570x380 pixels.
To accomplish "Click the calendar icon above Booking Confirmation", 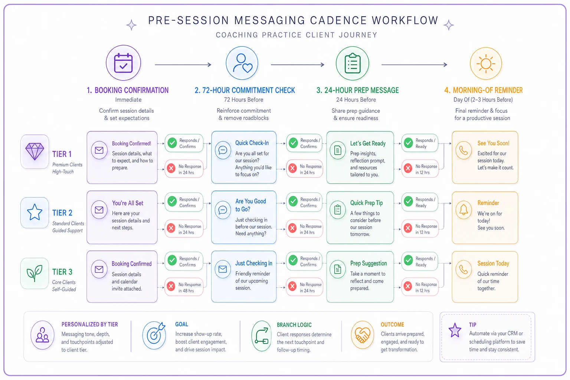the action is pyautogui.click(x=124, y=63).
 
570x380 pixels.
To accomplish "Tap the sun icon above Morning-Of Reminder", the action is pyautogui.click(x=486, y=63).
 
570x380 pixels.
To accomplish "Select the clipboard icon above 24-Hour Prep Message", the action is pyautogui.click(x=353, y=63).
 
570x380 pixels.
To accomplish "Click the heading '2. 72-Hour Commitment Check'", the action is pyautogui.click(x=245, y=90).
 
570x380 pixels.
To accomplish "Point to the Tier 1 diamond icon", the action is pyautogui.click(x=35, y=151).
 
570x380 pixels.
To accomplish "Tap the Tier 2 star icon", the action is pyautogui.click(x=35, y=212).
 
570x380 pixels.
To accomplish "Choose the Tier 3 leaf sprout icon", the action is pyautogui.click(x=35, y=273).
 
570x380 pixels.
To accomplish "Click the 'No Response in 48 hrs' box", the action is pyautogui.click(x=184, y=287).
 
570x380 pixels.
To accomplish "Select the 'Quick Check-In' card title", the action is pyautogui.click(x=252, y=143).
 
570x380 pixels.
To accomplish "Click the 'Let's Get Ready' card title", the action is pyautogui.click(x=368, y=143).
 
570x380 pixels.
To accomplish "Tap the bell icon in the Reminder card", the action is pyautogui.click(x=463, y=210).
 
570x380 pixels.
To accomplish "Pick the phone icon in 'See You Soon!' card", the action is pyautogui.click(x=463, y=150).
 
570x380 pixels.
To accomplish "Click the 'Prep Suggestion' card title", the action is pyautogui.click(x=368, y=263).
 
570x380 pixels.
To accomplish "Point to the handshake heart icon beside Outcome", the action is pyautogui.click(x=362, y=335).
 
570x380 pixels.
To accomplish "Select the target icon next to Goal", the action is pyautogui.click(x=154, y=335).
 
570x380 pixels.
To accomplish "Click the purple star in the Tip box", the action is pyautogui.click(x=455, y=330).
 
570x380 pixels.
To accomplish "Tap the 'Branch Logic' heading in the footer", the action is pyautogui.click(x=294, y=325).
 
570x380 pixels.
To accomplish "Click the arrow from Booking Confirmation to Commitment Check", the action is pyautogui.click(x=183, y=65).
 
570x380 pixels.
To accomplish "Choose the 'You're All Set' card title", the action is pyautogui.click(x=128, y=203).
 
